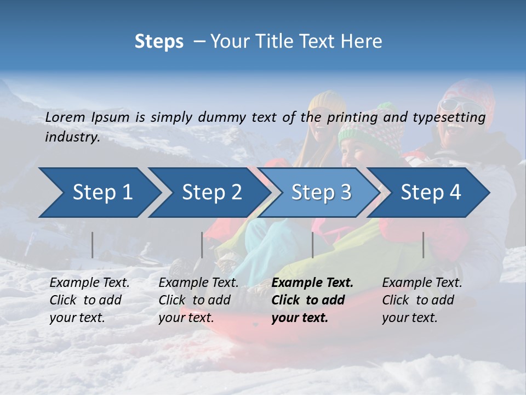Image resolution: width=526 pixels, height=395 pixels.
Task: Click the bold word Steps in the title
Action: click(159, 42)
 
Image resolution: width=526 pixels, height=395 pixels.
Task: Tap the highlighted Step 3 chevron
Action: click(321, 193)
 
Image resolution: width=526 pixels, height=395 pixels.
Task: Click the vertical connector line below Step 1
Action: click(93, 245)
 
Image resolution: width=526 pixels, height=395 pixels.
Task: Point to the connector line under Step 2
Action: click(202, 245)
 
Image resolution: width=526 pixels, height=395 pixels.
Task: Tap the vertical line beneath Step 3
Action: click(312, 245)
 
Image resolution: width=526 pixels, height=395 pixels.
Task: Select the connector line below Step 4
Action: click(424, 245)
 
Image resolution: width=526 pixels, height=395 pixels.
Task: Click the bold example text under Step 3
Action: click(312, 300)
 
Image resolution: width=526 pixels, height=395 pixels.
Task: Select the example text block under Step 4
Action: click(422, 300)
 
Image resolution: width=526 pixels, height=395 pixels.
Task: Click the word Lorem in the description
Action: click(65, 117)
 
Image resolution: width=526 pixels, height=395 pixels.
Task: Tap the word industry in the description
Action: click(72, 137)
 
